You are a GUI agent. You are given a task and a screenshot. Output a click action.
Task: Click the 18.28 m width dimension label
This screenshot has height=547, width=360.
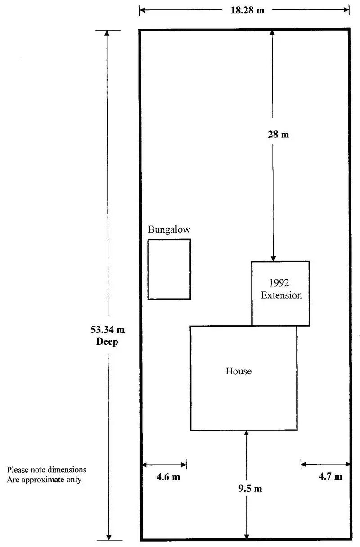(x=247, y=10)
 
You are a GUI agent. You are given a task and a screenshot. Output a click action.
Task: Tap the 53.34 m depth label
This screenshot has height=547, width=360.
(x=108, y=330)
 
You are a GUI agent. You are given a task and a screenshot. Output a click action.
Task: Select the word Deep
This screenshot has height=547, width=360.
(x=108, y=341)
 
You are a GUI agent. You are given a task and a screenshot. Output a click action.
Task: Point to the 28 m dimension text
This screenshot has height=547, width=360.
(x=279, y=134)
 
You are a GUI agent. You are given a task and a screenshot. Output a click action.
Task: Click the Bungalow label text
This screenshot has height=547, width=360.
(x=169, y=229)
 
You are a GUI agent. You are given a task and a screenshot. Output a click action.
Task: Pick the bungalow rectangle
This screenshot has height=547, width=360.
(x=169, y=269)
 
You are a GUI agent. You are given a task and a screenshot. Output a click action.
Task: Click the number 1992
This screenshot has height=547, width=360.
(x=279, y=283)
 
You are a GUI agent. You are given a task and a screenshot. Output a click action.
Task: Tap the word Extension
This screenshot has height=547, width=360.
(x=282, y=296)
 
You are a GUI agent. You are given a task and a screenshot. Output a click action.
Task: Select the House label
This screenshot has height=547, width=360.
(x=238, y=371)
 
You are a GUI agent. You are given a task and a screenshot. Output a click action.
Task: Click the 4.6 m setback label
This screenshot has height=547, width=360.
(x=168, y=477)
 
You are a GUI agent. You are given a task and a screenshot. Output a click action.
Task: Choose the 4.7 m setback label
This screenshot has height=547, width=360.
(x=330, y=477)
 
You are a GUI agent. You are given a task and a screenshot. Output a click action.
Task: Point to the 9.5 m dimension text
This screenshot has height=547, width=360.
(x=250, y=489)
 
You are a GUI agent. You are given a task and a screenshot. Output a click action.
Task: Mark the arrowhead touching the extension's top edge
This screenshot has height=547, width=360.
(x=273, y=258)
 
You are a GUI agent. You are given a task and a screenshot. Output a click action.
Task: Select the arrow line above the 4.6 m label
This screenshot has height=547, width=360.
(x=164, y=465)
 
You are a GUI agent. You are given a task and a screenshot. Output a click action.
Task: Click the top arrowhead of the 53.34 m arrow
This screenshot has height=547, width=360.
(x=107, y=34)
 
